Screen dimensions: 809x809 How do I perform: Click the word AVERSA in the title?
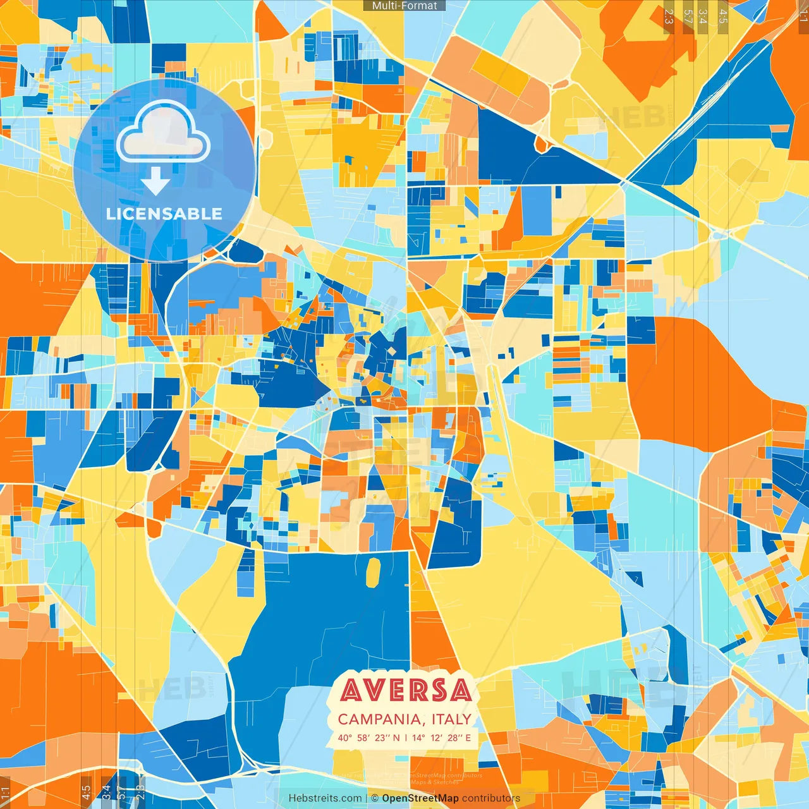406,690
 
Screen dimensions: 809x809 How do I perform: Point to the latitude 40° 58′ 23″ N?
368,738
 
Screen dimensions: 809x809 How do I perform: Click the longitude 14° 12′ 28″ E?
442,738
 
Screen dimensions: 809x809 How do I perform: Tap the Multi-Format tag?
404,6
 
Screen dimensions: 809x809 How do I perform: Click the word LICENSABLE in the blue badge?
164,214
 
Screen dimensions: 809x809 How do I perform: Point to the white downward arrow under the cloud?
155,181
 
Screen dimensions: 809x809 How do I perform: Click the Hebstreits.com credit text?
325,798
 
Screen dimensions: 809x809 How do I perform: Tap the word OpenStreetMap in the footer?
420,798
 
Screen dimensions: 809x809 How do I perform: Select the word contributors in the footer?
491,798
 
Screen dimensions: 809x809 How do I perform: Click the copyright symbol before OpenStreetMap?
375,798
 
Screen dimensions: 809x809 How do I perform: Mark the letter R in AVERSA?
419,690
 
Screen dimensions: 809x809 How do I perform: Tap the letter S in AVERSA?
439,690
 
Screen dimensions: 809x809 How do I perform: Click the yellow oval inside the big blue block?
374,571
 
